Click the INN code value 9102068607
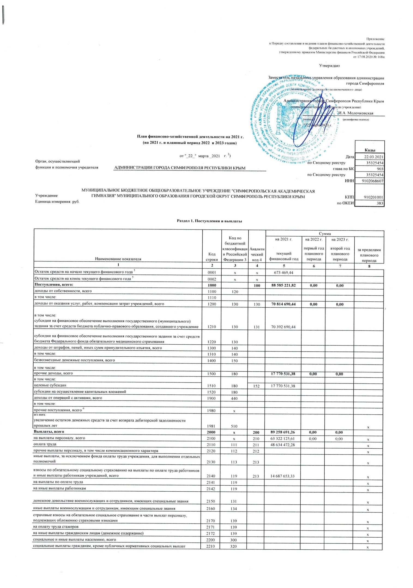tap(369, 181)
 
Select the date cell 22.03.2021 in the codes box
tap(369, 157)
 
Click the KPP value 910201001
tap(369, 197)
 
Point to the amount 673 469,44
tap(284, 272)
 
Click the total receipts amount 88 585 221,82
tap(284, 285)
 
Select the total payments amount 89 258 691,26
tap(284, 432)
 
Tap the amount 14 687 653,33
tap(284, 476)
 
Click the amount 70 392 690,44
tap(284, 327)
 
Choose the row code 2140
tap(212, 476)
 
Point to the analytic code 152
tap(257, 386)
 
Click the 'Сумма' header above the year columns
tap(324, 234)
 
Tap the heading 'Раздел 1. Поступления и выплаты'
tap(209, 221)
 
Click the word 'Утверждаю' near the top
tap(329, 66)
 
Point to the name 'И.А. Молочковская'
tap(355, 113)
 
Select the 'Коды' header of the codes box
tap(369, 150)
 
